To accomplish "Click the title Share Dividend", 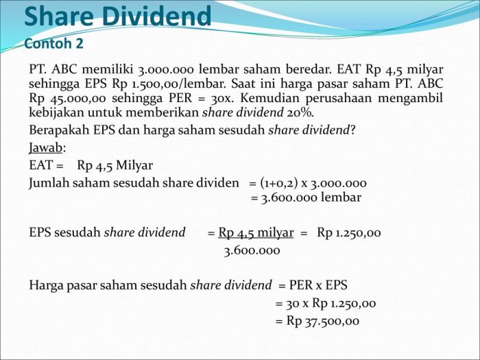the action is (x=118, y=16).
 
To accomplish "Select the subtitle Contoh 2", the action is (x=53, y=43).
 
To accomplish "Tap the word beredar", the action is (x=309, y=69).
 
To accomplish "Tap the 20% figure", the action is (x=300, y=112).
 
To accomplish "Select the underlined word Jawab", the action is (x=46, y=148).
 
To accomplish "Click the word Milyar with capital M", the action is (x=134, y=166).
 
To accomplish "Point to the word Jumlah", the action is (x=49, y=183).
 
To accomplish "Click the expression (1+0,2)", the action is (x=279, y=183).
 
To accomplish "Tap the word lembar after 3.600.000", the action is (x=341, y=197).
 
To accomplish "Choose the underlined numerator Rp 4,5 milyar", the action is (x=256, y=233).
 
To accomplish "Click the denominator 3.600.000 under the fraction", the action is (x=252, y=251).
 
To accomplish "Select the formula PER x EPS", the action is (x=318, y=285).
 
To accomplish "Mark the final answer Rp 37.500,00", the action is (x=323, y=321).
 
